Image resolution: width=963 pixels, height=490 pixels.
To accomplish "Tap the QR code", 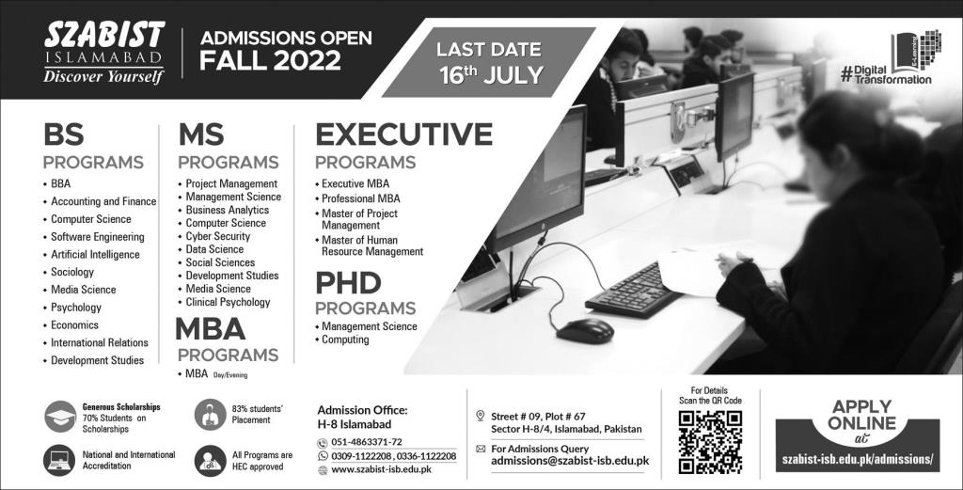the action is [x=710, y=442].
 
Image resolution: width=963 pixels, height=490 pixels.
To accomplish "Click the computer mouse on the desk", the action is [x=585, y=331].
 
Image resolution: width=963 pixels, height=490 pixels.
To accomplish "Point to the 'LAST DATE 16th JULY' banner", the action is [x=490, y=62].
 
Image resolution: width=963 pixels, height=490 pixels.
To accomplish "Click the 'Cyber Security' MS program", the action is [x=218, y=236].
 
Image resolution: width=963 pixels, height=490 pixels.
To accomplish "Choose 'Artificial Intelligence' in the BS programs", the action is [x=95, y=254].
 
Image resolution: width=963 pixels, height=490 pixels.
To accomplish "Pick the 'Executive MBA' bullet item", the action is [x=355, y=183].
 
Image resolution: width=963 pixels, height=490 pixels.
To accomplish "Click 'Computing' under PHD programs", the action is [x=345, y=340].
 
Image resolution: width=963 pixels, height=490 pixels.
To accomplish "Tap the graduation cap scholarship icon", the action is [x=60, y=417].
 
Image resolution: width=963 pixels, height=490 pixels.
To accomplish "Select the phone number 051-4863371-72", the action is [x=367, y=442].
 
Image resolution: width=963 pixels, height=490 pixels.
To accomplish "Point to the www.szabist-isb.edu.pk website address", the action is [x=381, y=469].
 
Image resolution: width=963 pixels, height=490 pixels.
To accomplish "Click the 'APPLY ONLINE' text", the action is [x=861, y=415].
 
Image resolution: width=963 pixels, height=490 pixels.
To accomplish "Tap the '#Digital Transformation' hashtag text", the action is [x=885, y=75].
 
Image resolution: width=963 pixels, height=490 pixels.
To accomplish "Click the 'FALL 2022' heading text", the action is [x=270, y=61].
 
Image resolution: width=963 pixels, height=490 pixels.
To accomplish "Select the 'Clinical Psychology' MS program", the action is [x=228, y=302].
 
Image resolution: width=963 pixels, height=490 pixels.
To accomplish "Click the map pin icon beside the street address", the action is [x=481, y=416].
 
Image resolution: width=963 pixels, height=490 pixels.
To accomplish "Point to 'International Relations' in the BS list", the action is [x=100, y=342].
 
